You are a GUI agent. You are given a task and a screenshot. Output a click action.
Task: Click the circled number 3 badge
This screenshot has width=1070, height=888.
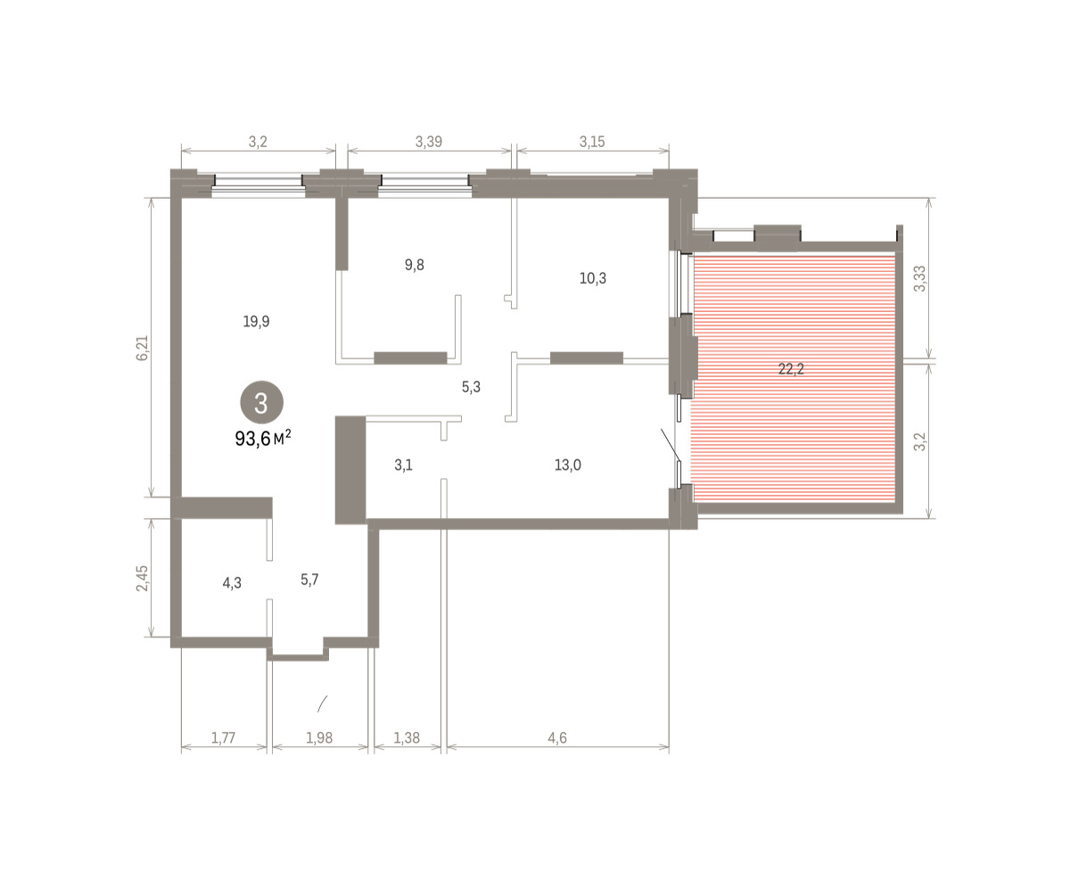[261, 402]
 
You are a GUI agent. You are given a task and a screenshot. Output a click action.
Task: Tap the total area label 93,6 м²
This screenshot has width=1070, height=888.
[263, 439]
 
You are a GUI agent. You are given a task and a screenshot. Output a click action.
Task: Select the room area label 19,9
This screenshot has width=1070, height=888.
[256, 321]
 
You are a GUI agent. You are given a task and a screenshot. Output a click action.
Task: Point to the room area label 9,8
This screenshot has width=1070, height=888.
[414, 265]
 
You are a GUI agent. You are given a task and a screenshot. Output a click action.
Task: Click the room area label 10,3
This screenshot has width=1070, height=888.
[593, 278]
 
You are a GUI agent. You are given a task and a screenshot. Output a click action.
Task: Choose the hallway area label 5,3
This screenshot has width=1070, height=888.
[471, 387]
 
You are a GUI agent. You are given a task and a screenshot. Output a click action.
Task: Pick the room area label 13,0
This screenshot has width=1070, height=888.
[568, 465]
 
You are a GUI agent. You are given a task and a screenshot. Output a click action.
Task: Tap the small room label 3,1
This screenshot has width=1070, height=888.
[403, 465]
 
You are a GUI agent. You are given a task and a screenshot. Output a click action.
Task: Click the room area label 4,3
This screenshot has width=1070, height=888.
[232, 582]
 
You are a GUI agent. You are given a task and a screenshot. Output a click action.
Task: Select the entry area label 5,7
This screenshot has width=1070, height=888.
[309, 580]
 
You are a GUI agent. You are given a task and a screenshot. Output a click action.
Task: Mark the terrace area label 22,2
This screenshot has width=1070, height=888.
[791, 368]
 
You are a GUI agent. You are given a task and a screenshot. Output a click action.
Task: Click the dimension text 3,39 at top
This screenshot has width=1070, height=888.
[428, 142]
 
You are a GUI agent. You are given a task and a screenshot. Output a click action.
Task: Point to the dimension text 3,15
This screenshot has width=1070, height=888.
[592, 142]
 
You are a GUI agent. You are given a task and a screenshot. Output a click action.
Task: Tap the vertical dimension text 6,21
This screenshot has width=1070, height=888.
[142, 348]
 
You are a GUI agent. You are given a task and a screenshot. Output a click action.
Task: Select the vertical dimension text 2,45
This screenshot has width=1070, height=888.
[142, 578]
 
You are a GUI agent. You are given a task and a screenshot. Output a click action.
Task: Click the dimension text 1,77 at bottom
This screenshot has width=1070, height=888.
[224, 737]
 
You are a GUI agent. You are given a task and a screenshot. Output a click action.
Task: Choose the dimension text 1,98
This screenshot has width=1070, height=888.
[319, 737]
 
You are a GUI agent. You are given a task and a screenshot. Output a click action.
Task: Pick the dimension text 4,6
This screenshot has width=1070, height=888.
[557, 737]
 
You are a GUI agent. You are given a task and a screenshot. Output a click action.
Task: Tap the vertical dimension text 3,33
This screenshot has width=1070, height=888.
[920, 279]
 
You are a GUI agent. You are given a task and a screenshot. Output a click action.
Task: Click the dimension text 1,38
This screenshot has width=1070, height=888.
[407, 737]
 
